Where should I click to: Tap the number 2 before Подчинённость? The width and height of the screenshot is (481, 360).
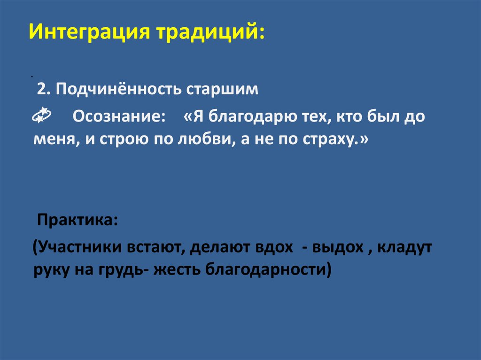[42, 89]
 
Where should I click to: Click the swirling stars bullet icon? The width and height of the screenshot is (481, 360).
[41, 115]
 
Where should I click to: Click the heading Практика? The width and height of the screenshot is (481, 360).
[78, 219]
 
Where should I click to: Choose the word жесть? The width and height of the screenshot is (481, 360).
[173, 270]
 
